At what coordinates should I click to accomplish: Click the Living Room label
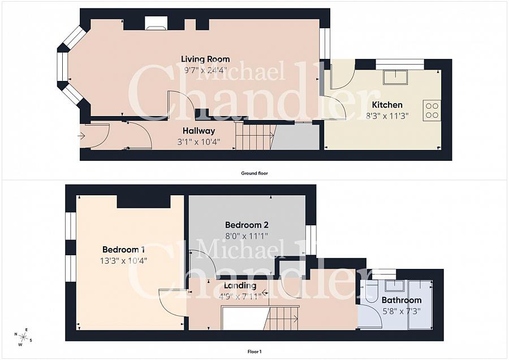click(205, 59)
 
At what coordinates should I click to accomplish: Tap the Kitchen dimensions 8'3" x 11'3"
click(387, 115)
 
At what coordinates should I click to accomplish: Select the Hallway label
click(199, 131)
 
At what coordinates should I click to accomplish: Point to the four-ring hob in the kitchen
click(432, 110)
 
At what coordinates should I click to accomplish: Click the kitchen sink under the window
click(395, 77)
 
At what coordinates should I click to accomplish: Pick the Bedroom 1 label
click(123, 250)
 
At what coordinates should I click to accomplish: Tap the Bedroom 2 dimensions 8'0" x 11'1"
click(247, 235)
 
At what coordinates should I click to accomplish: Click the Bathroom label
click(402, 300)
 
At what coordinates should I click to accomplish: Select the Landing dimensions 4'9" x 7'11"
click(240, 296)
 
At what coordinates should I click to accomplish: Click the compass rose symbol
click(23, 337)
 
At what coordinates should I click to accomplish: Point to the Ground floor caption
click(255, 173)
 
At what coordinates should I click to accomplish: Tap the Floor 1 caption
click(255, 352)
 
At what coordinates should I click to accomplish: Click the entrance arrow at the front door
click(81, 135)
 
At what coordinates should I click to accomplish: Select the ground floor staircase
click(255, 136)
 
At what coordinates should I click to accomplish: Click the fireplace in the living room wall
click(157, 23)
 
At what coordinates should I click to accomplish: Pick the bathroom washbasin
click(394, 286)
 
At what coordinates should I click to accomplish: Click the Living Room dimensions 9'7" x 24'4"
click(205, 70)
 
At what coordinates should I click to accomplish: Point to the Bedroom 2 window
click(310, 240)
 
